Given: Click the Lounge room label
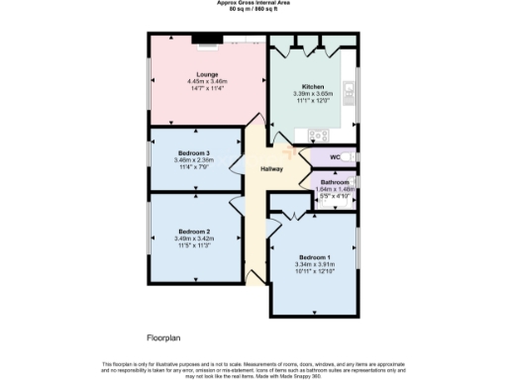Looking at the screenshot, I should tap(207, 74).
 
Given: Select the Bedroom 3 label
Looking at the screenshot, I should tap(193, 153).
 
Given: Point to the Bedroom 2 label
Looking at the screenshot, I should tap(193, 231).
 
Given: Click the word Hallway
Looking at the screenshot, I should tap(271, 168).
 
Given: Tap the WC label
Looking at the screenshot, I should tap(335, 156).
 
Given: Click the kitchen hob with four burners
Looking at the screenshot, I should tap(320, 135).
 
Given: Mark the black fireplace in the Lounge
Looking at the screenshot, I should tap(207, 41).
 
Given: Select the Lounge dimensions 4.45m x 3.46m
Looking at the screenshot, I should tap(207, 81).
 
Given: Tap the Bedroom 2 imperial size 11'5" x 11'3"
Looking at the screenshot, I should tap(193, 244).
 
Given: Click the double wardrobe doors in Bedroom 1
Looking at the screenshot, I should tap(290, 214).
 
